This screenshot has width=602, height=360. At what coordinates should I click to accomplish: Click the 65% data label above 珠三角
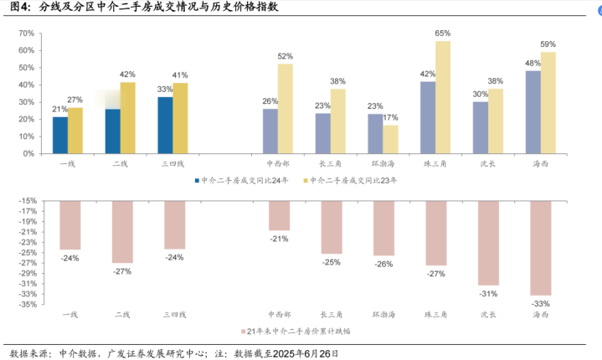[443, 33]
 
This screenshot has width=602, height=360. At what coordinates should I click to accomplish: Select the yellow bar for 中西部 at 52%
[286, 106]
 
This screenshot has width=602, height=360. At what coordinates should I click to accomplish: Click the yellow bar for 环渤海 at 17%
[391, 137]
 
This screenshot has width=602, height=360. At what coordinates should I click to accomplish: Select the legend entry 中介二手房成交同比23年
[351, 180]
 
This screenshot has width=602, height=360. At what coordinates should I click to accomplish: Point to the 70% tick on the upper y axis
[26, 33]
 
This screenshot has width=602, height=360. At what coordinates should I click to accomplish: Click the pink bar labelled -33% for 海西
[540, 248]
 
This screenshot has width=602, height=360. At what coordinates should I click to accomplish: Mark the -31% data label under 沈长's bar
[488, 294]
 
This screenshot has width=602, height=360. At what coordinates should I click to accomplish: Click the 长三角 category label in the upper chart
[331, 164]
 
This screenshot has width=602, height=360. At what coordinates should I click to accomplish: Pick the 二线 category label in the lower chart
[121, 315]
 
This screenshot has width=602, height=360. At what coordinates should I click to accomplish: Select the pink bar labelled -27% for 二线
[121, 232]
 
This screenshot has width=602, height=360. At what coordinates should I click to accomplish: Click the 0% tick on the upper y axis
[29, 153]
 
